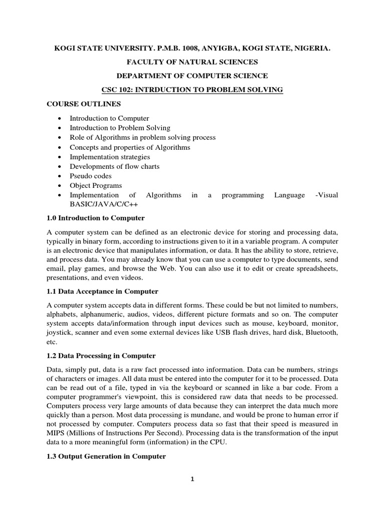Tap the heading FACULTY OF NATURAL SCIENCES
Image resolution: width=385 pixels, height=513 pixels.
click(x=192, y=62)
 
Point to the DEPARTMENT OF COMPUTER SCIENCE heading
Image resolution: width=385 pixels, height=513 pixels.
click(x=192, y=76)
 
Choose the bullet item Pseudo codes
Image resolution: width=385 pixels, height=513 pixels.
click(x=91, y=176)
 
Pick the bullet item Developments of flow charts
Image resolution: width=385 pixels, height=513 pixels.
click(x=114, y=166)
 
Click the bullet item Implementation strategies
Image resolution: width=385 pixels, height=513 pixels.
click(x=110, y=157)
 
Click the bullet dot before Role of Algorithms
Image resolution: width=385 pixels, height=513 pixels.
click(x=60, y=138)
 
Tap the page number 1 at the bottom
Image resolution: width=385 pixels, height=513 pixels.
click(x=192, y=479)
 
